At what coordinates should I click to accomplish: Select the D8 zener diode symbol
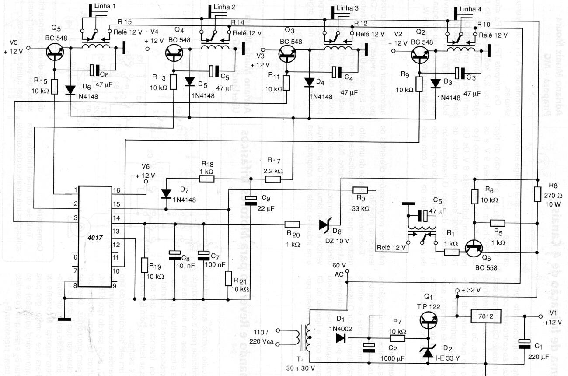324,225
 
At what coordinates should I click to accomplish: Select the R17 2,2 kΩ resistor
273,179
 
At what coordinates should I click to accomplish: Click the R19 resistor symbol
145,265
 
